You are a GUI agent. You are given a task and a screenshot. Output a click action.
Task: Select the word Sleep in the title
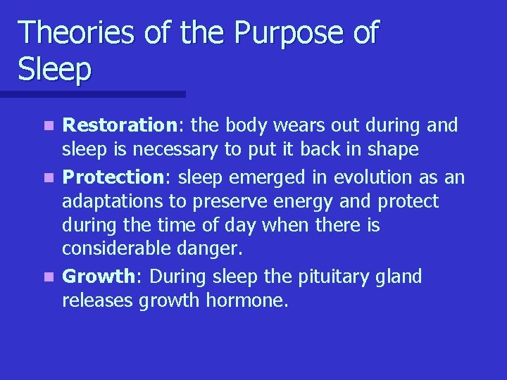click(55, 70)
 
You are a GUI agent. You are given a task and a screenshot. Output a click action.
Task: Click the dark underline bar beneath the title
click(92, 94)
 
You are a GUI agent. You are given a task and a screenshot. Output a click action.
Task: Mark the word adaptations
click(113, 202)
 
